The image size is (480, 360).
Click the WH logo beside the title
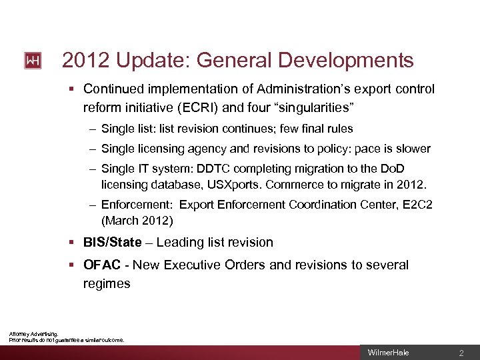(33, 61)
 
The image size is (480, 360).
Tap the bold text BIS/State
(113, 242)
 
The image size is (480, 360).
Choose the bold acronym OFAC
(102, 265)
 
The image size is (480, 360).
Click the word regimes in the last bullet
(107, 283)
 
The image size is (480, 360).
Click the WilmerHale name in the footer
(384, 352)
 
